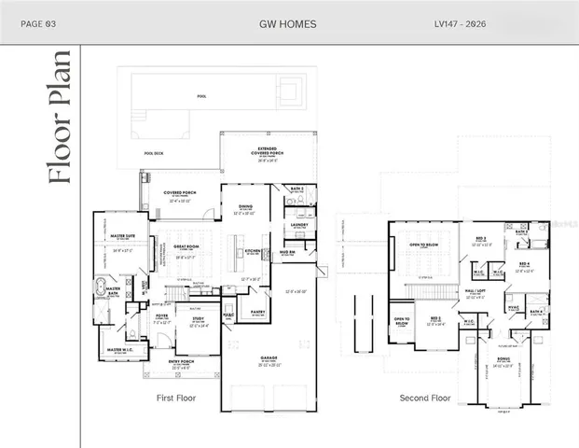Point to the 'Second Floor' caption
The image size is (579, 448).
tap(425, 398)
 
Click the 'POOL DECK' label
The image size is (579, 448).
tap(154, 153)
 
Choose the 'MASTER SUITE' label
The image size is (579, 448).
tap(123, 236)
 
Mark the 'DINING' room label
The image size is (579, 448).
tap(245, 206)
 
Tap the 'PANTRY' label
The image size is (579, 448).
tap(257, 312)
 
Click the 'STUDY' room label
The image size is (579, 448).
tap(198, 318)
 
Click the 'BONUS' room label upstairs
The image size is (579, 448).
tap(503, 358)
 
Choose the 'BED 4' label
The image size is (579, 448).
tap(524, 263)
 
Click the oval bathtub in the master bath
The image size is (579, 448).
tap(101, 287)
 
